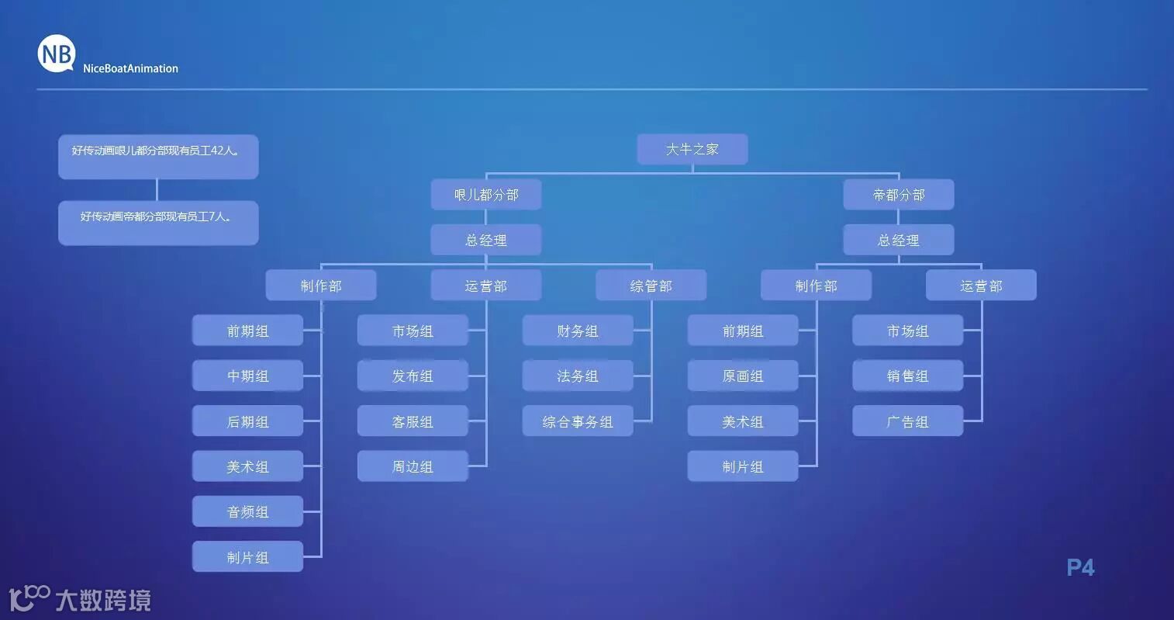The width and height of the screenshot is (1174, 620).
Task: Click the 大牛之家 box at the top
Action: pyautogui.click(x=692, y=149)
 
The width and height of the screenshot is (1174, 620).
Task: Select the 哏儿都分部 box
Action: pyautogui.click(x=486, y=195)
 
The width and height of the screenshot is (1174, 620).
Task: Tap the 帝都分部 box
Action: pyautogui.click(x=899, y=195)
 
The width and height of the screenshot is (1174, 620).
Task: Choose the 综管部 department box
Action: pyautogui.click(x=651, y=286)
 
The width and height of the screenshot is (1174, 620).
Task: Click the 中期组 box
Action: pyautogui.click(x=247, y=376)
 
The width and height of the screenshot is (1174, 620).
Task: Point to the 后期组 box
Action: pyautogui.click(x=247, y=421)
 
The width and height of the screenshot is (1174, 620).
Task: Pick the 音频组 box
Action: pyautogui.click(x=247, y=512)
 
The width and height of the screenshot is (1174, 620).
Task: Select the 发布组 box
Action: pyautogui.click(x=413, y=376)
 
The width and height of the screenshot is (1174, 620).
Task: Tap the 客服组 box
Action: pyautogui.click(x=413, y=421)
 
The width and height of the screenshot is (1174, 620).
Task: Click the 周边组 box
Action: pyautogui.click(x=413, y=466)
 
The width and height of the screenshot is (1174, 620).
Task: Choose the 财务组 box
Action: pyautogui.click(x=578, y=331)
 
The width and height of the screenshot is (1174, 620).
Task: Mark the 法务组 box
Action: pyautogui.click(x=578, y=376)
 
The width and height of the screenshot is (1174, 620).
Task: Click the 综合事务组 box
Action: pyautogui.click(x=578, y=421)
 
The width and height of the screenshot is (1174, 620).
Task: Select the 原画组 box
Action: pyautogui.click(x=743, y=376)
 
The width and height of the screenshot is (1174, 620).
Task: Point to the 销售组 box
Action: pyautogui.click(x=907, y=376)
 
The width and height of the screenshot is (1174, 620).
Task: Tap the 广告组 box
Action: pyautogui.click(x=907, y=421)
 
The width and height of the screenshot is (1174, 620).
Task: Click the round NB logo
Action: pyautogui.click(x=57, y=54)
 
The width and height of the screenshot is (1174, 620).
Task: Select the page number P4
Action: pyautogui.click(x=1080, y=567)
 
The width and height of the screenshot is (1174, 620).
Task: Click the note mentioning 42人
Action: pyautogui.click(x=158, y=156)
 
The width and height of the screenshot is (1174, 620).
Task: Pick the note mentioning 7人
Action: pyautogui.click(x=158, y=223)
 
